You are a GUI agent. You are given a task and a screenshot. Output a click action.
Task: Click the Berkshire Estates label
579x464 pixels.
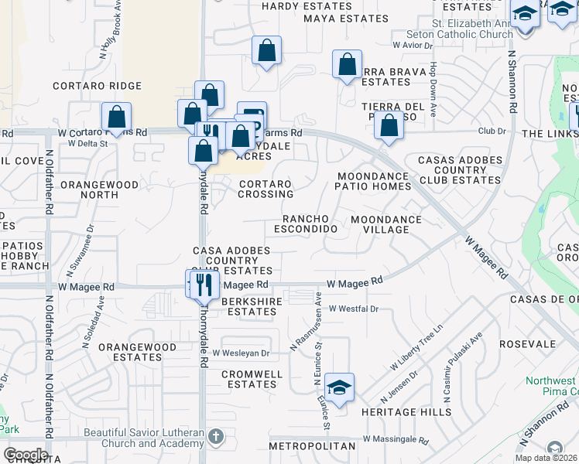(x=249, y=306)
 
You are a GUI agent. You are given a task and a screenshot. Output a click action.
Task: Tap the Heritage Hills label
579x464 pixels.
(x=416, y=412)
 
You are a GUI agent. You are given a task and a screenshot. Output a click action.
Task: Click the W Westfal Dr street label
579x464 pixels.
(x=353, y=309)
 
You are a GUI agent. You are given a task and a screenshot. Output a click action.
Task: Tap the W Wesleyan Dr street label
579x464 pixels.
(x=241, y=353)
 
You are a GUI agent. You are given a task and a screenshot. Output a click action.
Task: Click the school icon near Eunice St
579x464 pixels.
(x=339, y=387)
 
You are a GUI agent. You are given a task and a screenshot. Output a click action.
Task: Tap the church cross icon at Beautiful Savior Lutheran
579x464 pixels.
(x=215, y=437)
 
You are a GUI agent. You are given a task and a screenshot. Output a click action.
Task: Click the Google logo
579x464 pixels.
(x=26, y=454)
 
